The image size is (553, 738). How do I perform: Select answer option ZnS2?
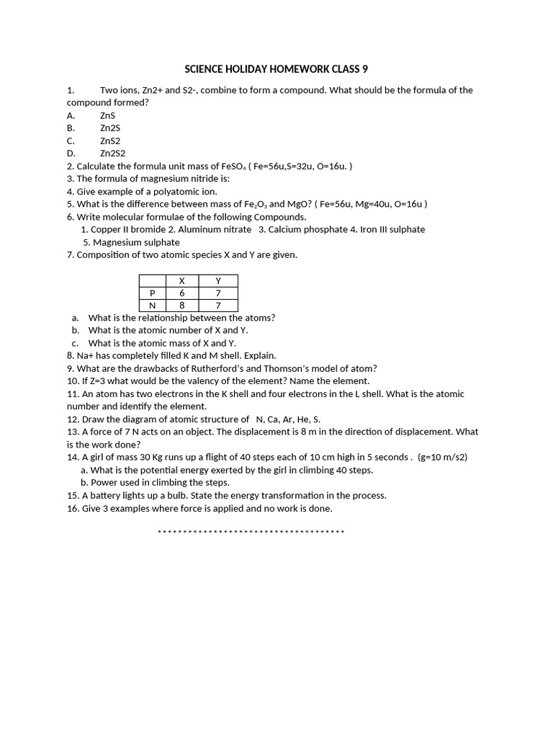tap(110, 141)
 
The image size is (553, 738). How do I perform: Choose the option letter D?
tap(71, 154)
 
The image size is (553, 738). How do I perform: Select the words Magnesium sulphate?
tap(136, 242)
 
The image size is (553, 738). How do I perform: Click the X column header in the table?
tap(181, 280)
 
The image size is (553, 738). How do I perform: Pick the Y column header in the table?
tap(218, 280)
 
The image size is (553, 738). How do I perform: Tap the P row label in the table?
tap(152, 293)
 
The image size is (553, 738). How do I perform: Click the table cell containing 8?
tap(181, 305)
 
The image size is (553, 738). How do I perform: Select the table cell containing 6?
tap(181, 293)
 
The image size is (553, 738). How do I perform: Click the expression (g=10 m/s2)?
tap(442, 457)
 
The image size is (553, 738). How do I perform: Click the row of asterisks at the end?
tap(251, 532)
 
